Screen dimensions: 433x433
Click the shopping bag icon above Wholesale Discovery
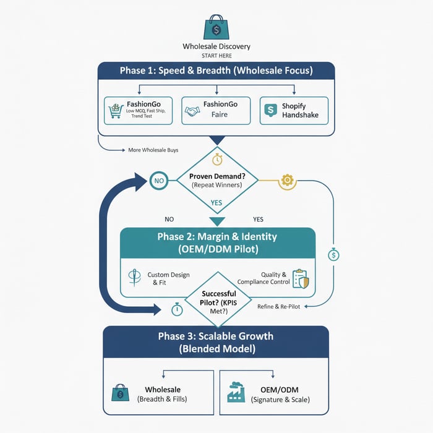(x=216, y=27)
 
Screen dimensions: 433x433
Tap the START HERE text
(x=216, y=56)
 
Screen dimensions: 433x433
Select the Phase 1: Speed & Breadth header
(x=216, y=71)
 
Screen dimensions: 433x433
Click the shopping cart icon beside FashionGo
(x=114, y=109)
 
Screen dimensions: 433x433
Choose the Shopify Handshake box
(x=293, y=110)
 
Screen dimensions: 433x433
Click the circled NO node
(x=159, y=181)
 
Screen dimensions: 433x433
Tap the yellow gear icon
(x=286, y=181)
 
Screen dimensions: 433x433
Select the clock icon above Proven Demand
(x=216, y=160)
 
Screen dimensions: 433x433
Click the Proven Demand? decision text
(x=216, y=180)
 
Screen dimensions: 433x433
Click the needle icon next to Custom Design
(x=131, y=277)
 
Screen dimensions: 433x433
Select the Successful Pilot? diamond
(x=216, y=299)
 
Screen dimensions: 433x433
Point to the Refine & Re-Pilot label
(x=278, y=306)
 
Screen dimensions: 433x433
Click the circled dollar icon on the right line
(x=333, y=254)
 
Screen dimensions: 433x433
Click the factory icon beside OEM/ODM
(x=236, y=393)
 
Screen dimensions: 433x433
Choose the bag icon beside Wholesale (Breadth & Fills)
(x=120, y=393)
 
